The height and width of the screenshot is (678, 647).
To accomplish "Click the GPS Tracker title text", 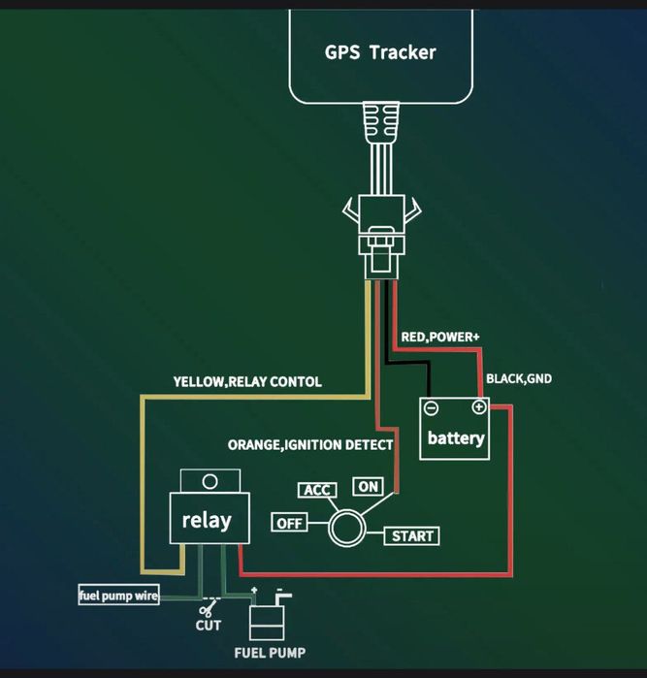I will (x=380, y=51).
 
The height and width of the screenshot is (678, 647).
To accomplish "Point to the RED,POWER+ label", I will (x=440, y=337).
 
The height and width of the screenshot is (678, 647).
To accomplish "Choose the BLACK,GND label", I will (x=519, y=378).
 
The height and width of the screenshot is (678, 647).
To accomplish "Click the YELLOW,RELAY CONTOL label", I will (x=247, y=382).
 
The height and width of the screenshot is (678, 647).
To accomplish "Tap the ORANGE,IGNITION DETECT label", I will (x=310, y=445).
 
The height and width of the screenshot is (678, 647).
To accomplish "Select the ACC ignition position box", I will (x=318, y=490).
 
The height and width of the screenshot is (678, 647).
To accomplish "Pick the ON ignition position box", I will (x=369, y=487).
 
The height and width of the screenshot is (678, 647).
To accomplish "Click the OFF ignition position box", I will (x=289, y=523).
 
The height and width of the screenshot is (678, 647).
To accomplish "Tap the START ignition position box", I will (x=413, y=535).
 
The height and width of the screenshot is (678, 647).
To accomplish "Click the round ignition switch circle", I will (x=344, y=529).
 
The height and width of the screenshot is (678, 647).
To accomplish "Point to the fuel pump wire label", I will (x=118, y=596).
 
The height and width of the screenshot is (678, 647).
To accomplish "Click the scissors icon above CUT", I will (x=208, y=609).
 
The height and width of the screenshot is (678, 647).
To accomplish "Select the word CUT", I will (x=209, y=627).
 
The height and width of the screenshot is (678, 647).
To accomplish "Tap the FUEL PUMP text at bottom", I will (x=271, y=652).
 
